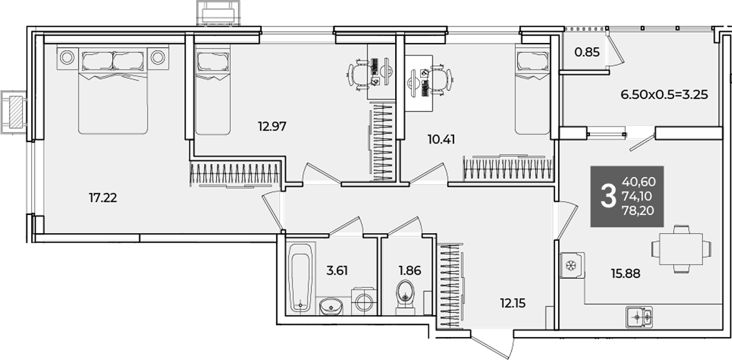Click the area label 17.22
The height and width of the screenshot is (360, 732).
[103, 198]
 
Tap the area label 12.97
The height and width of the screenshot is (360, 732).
[272, 126]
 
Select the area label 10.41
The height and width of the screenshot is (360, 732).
[441, 139]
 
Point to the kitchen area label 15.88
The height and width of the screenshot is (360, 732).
[625, 273]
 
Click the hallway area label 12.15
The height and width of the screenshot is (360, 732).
[512, 304]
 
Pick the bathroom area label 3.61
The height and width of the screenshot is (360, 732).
[337, 271]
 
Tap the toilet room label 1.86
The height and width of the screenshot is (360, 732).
[410, 271]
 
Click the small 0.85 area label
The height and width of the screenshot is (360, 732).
[587, 52]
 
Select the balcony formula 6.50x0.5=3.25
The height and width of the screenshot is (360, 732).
[664, 95]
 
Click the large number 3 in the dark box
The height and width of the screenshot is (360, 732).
[607, 196]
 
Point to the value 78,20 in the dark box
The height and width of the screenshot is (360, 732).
[638, 211]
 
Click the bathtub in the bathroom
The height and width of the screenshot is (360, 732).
[299, 277]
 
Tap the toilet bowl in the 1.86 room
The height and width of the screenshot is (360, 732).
[406, 296]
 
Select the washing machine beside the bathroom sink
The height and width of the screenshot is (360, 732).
[364, 302]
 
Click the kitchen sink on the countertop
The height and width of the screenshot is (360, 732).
[639, 316]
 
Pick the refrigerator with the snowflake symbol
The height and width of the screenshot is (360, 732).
[572, 266]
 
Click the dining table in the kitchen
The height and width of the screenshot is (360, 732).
[682, 249]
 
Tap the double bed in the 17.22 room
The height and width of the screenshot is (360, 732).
[113, 89]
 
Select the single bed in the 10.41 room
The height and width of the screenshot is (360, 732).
[533, 89]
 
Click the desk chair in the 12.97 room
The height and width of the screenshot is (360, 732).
[358, 74]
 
